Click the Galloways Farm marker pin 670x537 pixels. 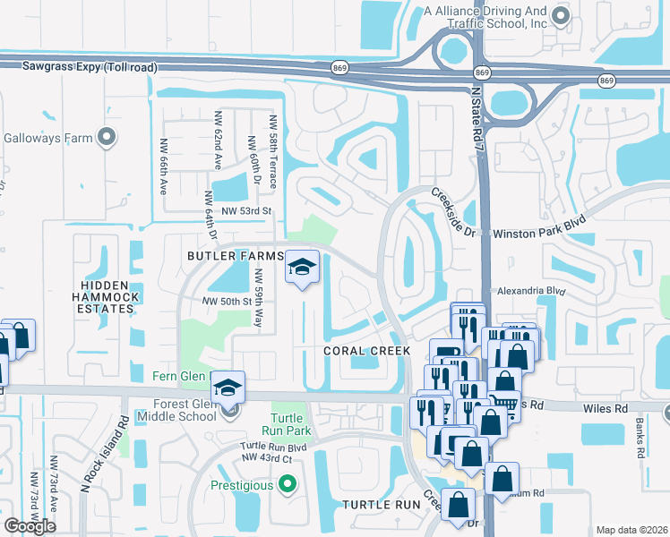pos(107,138)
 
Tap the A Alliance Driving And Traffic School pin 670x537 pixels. pos(561,15)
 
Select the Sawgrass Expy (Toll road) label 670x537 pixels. pos(78,66)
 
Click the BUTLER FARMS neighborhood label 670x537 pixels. pos(235,256)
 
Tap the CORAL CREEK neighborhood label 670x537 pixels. pos(366,352)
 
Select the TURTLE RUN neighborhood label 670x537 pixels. pos(382,505)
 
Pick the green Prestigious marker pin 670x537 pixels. pos(287,485)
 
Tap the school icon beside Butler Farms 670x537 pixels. pos(303,267)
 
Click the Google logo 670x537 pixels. pos(30,526)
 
